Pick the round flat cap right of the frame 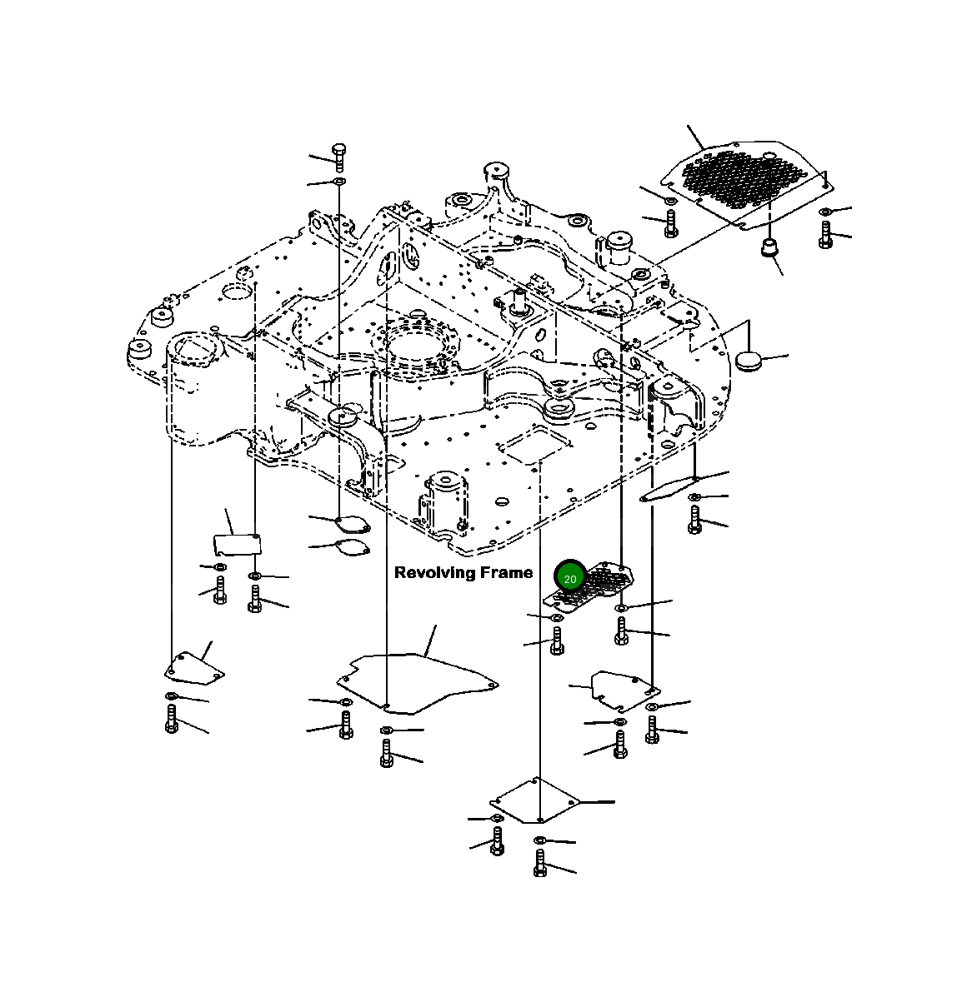749,360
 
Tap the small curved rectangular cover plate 237,545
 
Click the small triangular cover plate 193,667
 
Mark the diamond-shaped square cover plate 534,800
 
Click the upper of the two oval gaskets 351,524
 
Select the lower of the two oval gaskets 351,548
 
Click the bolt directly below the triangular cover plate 172,718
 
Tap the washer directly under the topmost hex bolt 339,181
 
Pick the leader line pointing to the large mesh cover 695,137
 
